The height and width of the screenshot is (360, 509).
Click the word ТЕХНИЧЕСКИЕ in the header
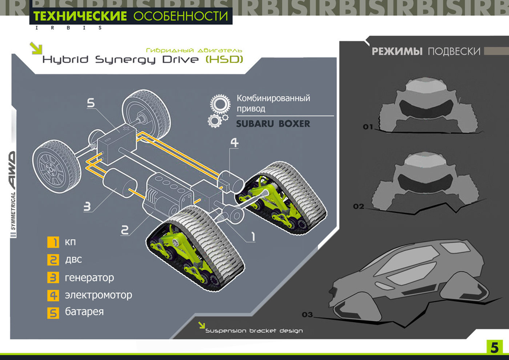80,16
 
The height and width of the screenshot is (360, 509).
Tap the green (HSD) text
224,59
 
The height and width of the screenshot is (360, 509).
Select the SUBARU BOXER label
273,124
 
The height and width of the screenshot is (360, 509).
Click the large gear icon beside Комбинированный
220,104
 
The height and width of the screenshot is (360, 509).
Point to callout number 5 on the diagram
91,103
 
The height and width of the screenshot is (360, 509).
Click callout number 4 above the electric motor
235,143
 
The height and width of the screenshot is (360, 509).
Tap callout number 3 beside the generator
87,207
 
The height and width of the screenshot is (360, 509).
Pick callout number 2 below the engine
125,230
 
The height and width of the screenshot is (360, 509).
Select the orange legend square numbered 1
53,242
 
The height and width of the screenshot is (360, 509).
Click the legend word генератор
89,278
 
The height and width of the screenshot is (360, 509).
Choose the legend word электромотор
98,295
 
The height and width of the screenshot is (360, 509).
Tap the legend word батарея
84,312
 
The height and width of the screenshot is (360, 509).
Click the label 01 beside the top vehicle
368,127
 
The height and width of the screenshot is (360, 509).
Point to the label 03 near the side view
307,315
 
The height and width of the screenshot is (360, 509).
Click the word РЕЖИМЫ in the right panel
397,52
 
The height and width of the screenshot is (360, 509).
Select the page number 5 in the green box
494,348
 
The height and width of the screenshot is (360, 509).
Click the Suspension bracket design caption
254,331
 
